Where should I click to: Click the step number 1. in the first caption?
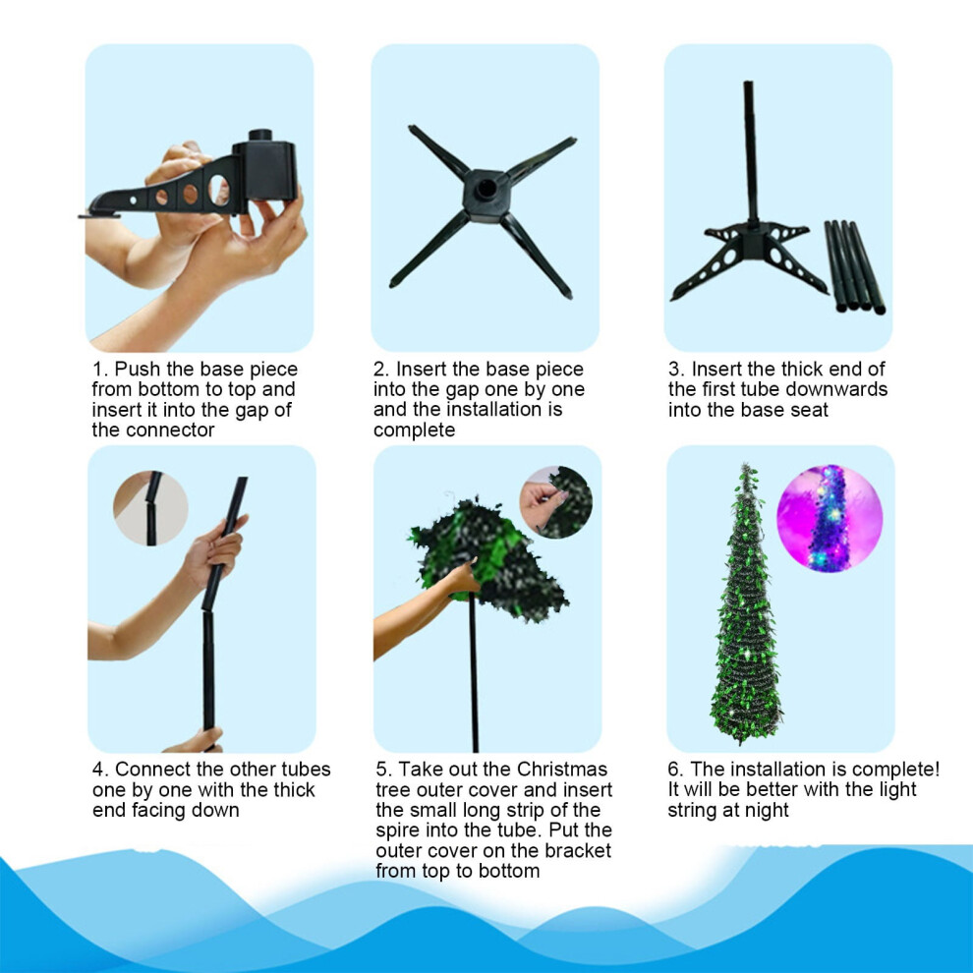[x=100, y=370]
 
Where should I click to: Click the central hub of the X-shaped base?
[x=486, y=195]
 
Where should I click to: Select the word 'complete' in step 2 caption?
[x=414, y=430]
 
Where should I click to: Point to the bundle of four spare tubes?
[x=854, y=266]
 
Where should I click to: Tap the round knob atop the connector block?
[x=260, y=136]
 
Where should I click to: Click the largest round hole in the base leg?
[x=219, y=190]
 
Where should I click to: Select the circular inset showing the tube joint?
[x=150, y=508]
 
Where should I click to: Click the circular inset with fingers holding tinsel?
[x=555, y=502]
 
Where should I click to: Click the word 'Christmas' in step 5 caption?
[x=561, y=770]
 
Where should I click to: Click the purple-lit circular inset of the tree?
[x=830, y=518]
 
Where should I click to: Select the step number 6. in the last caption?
[x=675, y=770]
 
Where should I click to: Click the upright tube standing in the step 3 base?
[x=751, y=152]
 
